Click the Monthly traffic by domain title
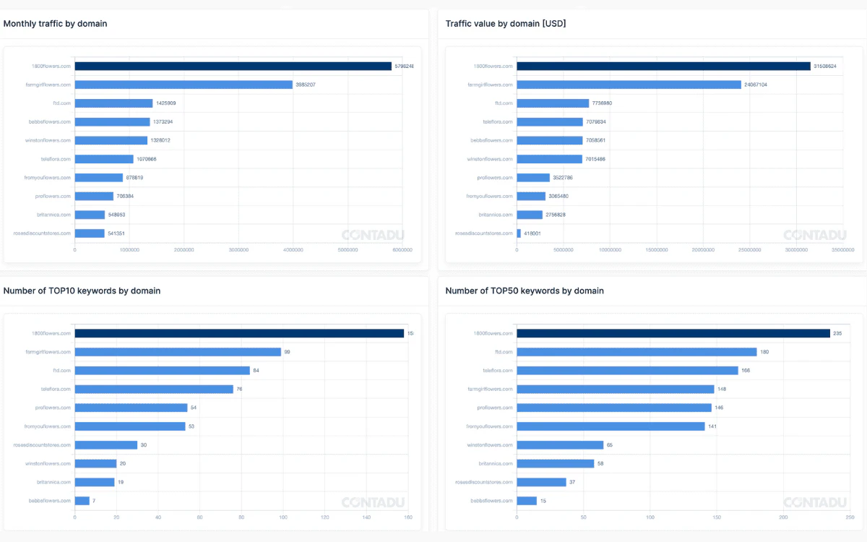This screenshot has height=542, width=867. coord(55,24)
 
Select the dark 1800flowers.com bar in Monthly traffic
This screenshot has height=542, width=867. coord(233,66)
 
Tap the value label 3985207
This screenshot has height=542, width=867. coord(306,85)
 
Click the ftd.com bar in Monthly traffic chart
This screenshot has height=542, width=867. coord(113,103)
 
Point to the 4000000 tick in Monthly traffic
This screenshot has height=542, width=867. coord(293,250)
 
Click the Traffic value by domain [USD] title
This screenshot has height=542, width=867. coord(506,24)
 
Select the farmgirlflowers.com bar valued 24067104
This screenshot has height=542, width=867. coord(629,85)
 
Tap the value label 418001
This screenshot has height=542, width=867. coord(533,233)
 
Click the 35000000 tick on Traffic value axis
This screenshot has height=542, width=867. coord(842,250)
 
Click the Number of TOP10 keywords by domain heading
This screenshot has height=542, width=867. coord(82,291)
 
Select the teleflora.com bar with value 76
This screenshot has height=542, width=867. coord(154,389)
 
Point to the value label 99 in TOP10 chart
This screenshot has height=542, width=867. coord(287,352)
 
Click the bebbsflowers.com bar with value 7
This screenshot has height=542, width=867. coord(82,500)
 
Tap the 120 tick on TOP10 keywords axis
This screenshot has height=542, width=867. coord(325,517)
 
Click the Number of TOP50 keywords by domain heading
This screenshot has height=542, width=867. coord(525,291)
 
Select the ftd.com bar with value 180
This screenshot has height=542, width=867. coord(637,352)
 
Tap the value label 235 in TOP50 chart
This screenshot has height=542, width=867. coord(838,333)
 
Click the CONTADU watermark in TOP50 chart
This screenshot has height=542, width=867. coord(814,502)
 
